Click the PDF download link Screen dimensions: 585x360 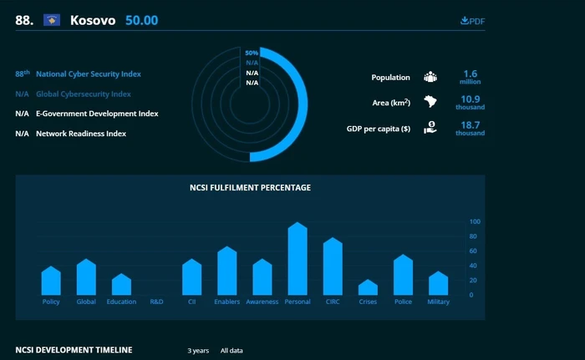[x=473, y=21]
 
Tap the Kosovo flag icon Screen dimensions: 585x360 [x=52, y=20]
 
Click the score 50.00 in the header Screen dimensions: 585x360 [x=142, y=20]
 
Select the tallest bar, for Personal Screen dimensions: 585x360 [x=298, y=259]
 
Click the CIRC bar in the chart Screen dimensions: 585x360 [x=333, y=266]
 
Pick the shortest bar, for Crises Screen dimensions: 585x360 [x=368, y=287]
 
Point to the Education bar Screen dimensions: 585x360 [x=121, y=284]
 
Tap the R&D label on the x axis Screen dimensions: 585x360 [x=157, y=302]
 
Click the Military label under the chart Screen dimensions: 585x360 [x=439, y=302]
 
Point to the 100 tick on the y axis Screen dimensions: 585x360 [x=475, y=221]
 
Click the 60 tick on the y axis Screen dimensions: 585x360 [x=473, y=251]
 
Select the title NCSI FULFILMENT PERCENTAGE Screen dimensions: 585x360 [x=250, y=188]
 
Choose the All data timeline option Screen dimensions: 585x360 [x=231, y=351]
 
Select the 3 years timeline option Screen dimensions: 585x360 [x=198, y=351]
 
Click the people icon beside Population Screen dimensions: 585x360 [x=430, y=77]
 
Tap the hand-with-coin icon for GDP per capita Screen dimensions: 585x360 [x=430, y=128]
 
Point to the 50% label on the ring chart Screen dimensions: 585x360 [x=252, y=53]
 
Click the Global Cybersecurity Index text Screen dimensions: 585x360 [x=84, y=94]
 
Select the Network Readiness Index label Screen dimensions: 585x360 [x=81, y=134]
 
